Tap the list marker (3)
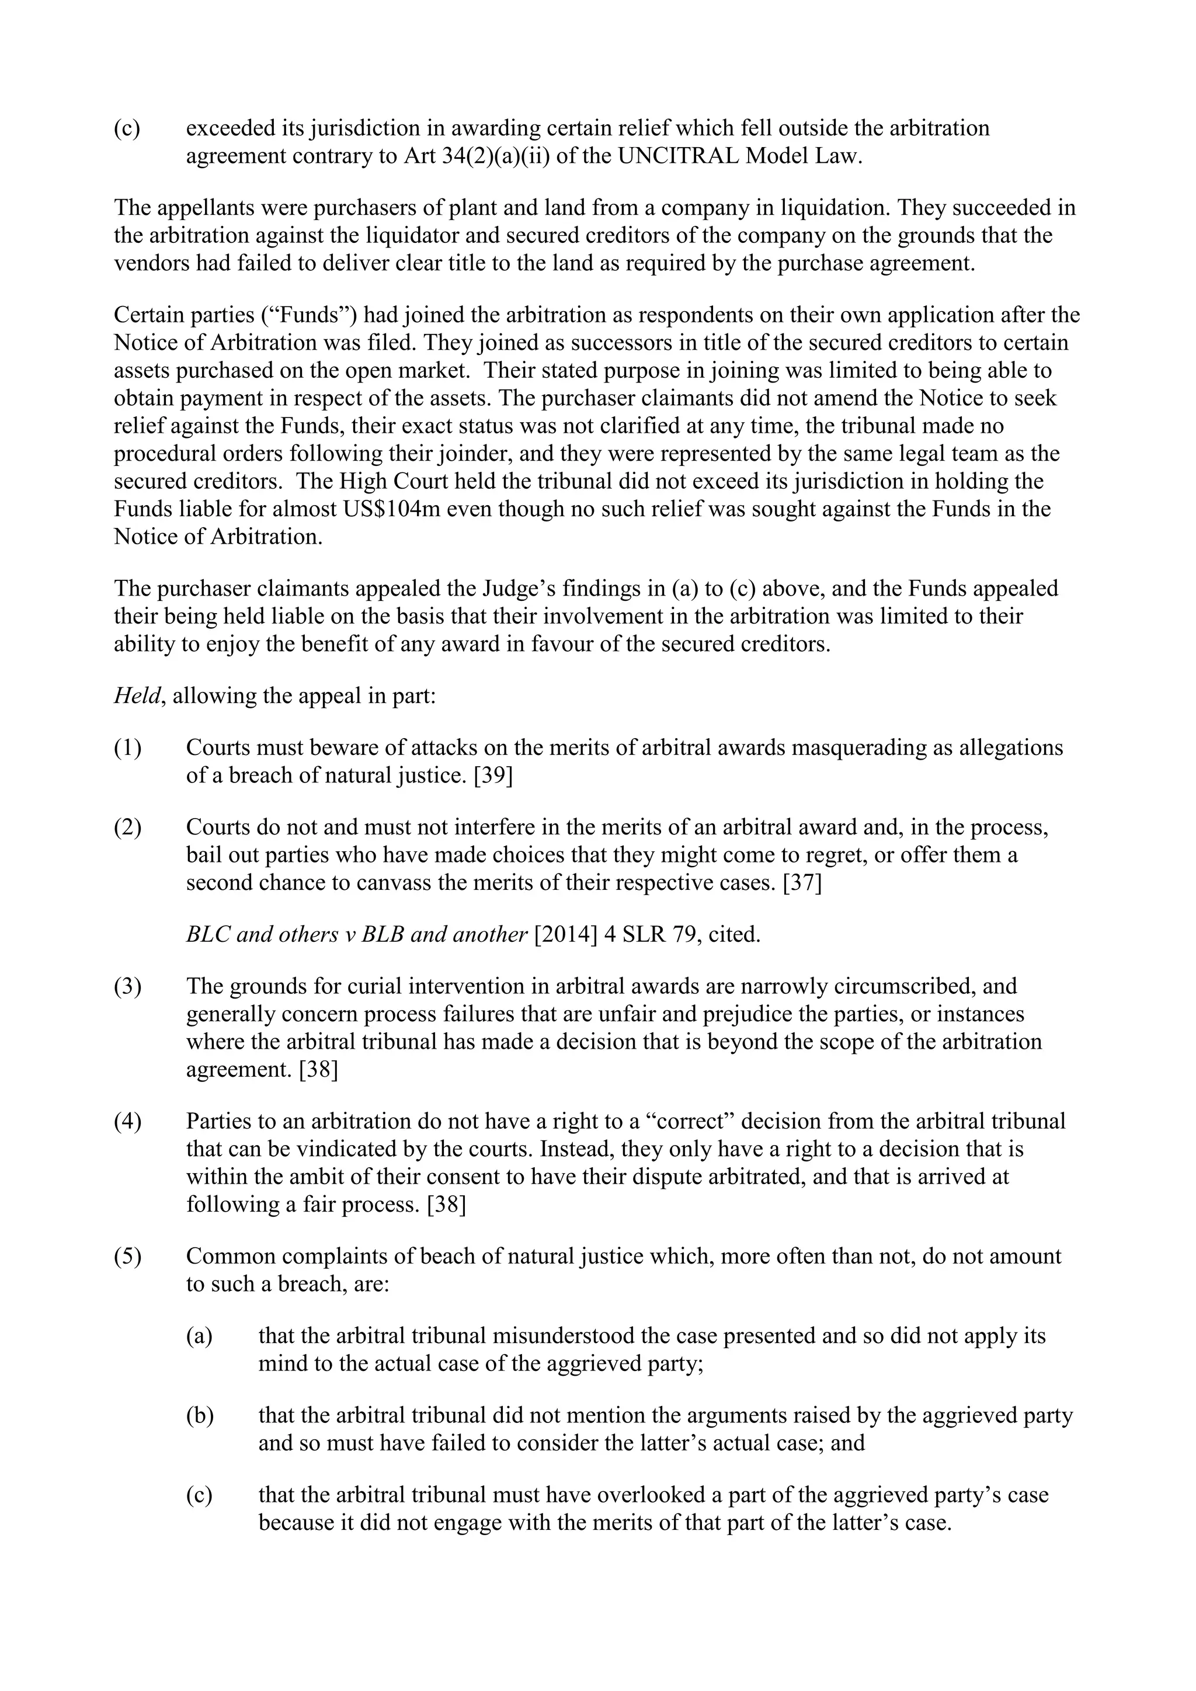(127, 986)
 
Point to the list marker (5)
(127, 1257)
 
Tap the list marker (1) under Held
(127, 747)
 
